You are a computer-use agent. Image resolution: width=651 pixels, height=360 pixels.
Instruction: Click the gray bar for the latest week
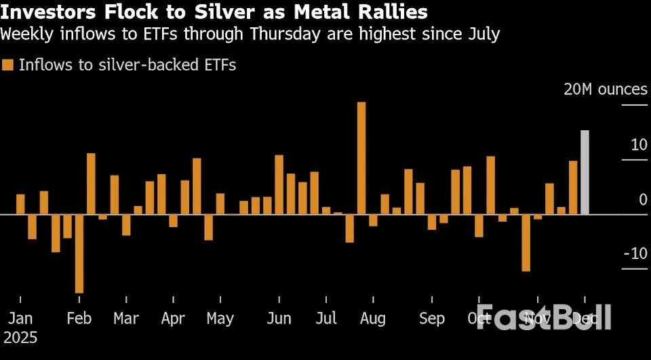(x=585, y=172)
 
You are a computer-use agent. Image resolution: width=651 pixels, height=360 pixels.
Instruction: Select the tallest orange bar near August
(x=361, y=158)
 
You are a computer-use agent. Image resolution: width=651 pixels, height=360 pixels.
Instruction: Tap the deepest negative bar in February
(x=79, y=254)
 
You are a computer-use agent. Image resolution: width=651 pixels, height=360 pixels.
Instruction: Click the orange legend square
(x=8, y=65)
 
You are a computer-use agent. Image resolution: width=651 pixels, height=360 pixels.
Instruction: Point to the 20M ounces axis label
(x=605, y=90)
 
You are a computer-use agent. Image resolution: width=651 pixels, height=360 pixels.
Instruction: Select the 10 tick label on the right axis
(x=638, y=144)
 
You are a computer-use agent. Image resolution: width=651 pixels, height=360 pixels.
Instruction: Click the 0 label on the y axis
(x=643, y=199)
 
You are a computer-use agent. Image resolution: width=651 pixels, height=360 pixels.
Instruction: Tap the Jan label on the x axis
(x=20, y=319)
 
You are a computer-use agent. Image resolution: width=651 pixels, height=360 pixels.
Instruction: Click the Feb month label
(x=79, y=319)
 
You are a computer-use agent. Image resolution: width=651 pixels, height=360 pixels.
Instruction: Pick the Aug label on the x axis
(x=372, y=319)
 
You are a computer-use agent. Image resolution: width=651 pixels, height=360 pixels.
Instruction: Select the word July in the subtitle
(x=481, y=34)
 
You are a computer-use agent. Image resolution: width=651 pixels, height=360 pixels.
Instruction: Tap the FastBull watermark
(x=543, y=317)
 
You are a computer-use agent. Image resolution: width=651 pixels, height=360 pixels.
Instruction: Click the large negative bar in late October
(x=526, y=243)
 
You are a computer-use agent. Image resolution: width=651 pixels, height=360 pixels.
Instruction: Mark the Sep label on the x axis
(x=432, y=319)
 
